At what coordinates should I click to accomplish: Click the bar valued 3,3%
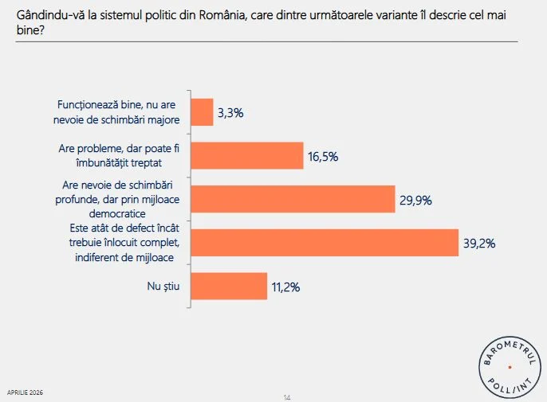[203, 113]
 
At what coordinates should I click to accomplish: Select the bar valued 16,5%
[248, 156]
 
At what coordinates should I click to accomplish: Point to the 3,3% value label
[230, 113]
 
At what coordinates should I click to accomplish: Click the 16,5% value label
[323, 157]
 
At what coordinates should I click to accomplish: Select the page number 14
[286, 397]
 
